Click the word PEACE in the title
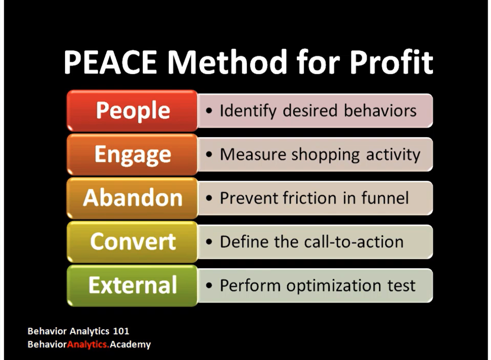click(110, 62)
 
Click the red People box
click(132, 111)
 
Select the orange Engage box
click(132, 154)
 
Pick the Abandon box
click(132, 198)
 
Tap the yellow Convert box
click(132, 242)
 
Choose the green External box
click(132, 285)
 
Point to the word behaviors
click(380, 110)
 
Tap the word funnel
click(385, 198)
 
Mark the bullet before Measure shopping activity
click(209, 154)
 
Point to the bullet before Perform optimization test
click(209, 286)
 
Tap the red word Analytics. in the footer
click(88, 344)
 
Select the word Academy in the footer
click(130, 344)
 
